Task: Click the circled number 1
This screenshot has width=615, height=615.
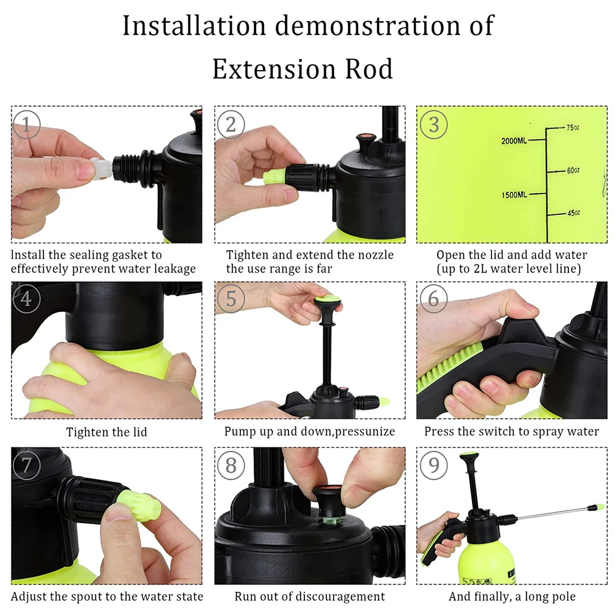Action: (27, 125)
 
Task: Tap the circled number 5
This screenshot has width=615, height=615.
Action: (231, 299)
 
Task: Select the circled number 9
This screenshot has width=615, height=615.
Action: (434, 465)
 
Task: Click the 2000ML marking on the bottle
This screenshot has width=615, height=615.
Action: (514, 141)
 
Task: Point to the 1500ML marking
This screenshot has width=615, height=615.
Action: (514, 195)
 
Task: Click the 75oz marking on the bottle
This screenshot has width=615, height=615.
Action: (572, 128)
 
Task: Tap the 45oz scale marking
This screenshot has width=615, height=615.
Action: (573, 213)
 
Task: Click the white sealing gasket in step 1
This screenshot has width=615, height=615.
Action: (100, 168)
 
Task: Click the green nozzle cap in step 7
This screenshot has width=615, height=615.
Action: (138, 505)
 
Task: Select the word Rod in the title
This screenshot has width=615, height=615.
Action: (369, 69)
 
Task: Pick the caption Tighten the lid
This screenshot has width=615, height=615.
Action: (107, 432)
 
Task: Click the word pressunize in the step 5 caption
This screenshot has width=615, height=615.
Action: (365, 432)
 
